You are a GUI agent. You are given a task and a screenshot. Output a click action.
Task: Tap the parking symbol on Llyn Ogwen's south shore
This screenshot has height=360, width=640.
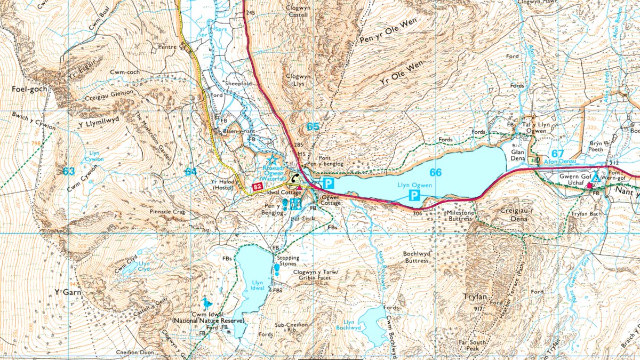pyautogui.click(x=413, y=196)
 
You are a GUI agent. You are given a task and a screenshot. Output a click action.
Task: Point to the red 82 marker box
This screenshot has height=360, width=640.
pyautogui.click(x=258, y=187)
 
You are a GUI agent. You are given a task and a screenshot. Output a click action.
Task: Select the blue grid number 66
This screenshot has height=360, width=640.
pyautogui.click(x=436, y=172)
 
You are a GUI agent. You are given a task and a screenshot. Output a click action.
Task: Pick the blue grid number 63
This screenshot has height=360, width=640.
pyautogui.click(x=68, y=171)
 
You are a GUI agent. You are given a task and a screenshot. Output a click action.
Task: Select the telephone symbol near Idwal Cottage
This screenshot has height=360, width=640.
pyautogui.click(x=294, y=178)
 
